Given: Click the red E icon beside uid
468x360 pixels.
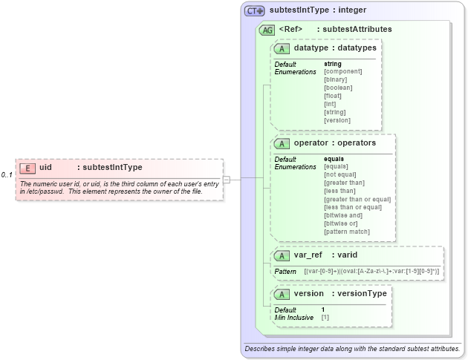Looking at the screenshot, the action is click(x=27, y=168).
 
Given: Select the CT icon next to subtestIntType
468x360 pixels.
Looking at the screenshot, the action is click(x=256, y=11).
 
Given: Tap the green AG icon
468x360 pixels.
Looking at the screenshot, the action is click(x=267, y=30).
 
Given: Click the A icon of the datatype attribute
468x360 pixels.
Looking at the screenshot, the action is click(x=282, y=48).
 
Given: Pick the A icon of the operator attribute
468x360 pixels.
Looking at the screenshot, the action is click(x=282, y=143).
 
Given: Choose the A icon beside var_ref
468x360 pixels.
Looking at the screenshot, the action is click(x=282, y=255).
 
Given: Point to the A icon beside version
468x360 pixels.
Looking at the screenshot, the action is click(x=282, y=294).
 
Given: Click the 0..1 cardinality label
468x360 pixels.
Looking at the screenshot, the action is click(x=7, y=175).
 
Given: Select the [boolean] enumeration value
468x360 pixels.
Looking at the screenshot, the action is click(x=338, y=88).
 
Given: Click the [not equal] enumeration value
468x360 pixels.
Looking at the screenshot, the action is click(x=341, y=174).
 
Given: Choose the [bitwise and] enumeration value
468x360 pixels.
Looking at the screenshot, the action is click(x=343, y=215).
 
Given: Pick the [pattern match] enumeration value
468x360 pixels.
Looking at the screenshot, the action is click(x=347, y=232).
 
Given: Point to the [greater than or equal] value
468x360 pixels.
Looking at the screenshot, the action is click(x=357, y=199).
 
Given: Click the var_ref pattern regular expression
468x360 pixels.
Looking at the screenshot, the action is click(x=371, y=272).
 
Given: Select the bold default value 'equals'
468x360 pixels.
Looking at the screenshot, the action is click(x=334, y=159).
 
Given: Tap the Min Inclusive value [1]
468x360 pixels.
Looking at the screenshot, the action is click(x=325, y=317).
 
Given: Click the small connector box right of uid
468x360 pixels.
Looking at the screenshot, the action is click(x=227, y=179).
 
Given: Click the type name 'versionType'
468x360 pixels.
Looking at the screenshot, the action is click(x=362, y=294).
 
